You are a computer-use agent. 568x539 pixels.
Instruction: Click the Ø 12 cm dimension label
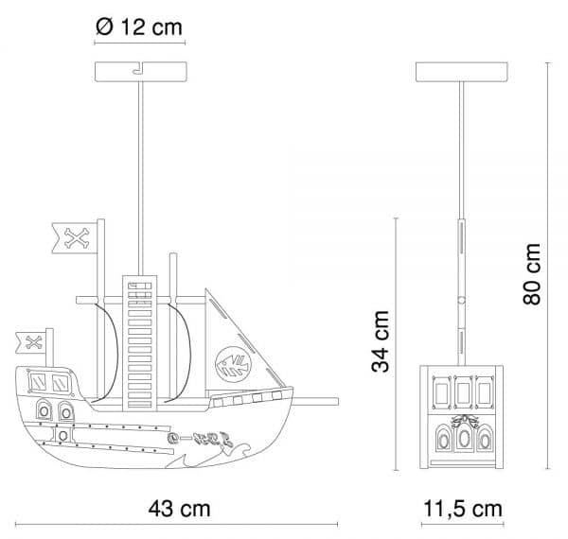pyautogui.click(x=139, y=26)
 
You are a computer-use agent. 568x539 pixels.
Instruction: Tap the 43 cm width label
pyautogui.click(x=179, y=508)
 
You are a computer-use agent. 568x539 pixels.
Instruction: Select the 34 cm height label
pyautogui.click(x=381, y=341)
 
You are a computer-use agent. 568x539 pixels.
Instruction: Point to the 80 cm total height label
pyautogui.click(x=532, y=274)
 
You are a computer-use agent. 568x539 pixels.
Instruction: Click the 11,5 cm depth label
pyautogui.click(x=463, y=509)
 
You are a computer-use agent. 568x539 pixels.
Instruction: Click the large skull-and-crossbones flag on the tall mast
pyautogui.click(x=75, y=237)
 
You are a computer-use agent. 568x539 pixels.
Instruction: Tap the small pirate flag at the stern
pyautogui.click(x=31, y=342)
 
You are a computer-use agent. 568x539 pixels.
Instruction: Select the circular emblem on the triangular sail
pyautogui.click(x=234, y=364)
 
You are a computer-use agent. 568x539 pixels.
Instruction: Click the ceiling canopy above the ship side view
pyautogui.click(x=140, y=72)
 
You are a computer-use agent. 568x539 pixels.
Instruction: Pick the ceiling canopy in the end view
pyautogui.click(x=462, y=72)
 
